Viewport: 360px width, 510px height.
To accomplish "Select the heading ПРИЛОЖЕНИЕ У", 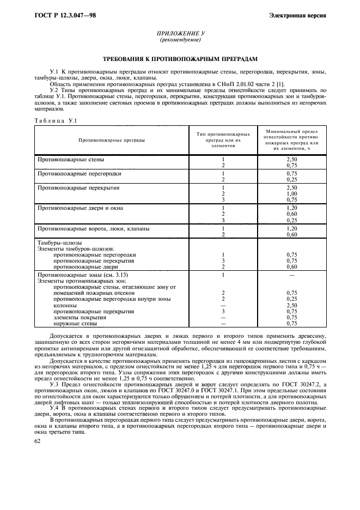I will click(x=180, y=34).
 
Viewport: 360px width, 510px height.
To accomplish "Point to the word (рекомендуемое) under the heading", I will click(x=180, y=40).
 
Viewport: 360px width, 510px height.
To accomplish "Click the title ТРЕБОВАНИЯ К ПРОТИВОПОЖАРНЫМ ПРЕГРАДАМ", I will click(x=180, y=58).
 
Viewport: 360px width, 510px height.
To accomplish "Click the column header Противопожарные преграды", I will click(x=112, y=140).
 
